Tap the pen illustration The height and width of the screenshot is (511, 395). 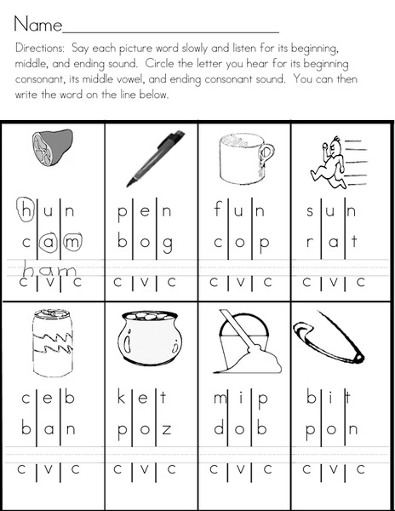[x=155, y=157]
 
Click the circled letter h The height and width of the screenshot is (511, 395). [x=26, y=208]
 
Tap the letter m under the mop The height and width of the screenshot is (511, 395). [x=215, y=397]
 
